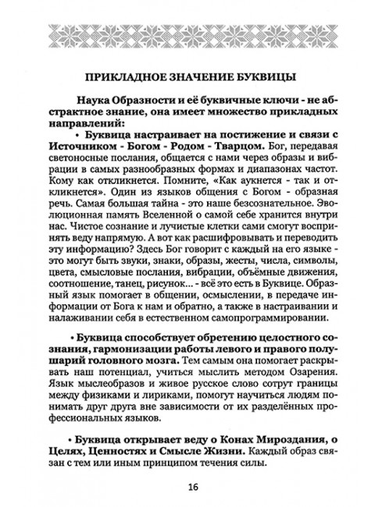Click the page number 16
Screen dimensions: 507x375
point(191,487)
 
